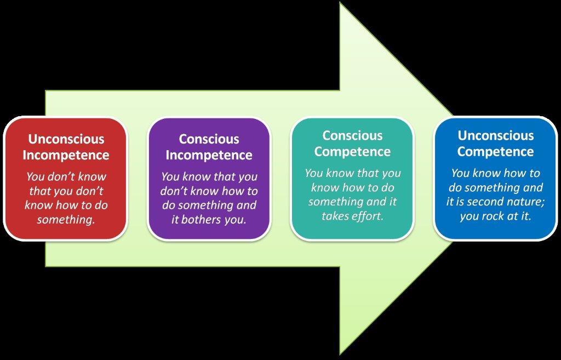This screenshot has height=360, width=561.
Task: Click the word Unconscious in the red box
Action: (x=66, y=139)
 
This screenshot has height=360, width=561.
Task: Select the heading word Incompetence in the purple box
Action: (x=209, y=155)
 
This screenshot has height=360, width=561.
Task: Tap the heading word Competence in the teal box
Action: (x=352, y=152)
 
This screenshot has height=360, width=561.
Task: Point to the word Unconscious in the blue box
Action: (x=496, y=136)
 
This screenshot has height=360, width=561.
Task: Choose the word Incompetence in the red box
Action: (x=66, y=155)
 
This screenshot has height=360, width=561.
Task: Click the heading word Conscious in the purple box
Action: (x=209, y=139)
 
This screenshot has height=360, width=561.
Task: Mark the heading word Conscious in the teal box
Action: (x=352, y=136)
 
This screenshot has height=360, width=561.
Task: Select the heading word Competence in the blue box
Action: (x=495, y=152)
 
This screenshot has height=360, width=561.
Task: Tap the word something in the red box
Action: (x=66, y=219)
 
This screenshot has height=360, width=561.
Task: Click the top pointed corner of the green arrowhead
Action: (x=340, y=3)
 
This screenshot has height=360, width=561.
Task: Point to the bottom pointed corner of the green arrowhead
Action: (x=340, y=355)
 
